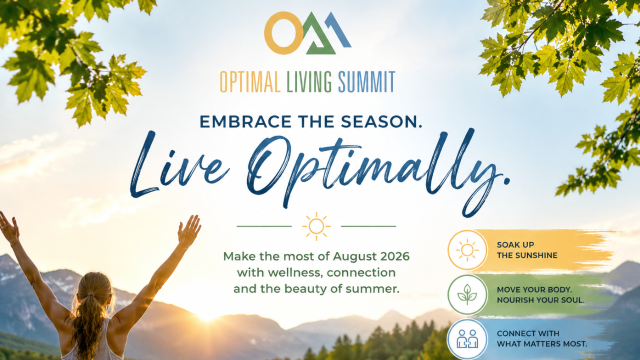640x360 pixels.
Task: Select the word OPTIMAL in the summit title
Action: [250, 81]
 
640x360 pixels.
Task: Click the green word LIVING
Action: [309, 81]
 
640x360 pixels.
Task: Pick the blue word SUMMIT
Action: [366, 81]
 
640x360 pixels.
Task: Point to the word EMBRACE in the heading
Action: [245, 121]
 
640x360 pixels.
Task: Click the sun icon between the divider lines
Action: [316, 226]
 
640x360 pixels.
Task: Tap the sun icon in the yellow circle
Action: [467, 250]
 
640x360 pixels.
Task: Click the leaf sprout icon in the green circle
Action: [467, 294]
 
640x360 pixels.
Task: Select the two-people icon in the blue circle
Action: [467, 338]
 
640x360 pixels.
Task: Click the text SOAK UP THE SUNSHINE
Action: [527, 250]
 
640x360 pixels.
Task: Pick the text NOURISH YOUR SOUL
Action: [540, 300]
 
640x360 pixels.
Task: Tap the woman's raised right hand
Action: [189, 230]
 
